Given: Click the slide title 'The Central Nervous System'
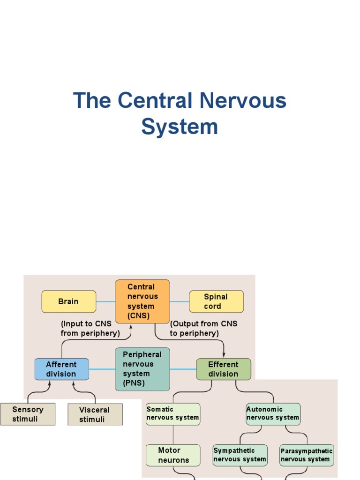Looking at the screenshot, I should pos(180,113).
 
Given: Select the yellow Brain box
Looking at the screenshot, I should pos(68,301).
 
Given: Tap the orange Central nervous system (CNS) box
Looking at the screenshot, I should pos(142,301).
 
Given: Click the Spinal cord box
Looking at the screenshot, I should pos(216,301).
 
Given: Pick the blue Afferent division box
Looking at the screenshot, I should pos(61,369).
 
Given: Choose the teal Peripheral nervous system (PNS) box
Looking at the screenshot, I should pos(142,369).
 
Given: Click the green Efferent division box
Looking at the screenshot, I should pos(223,369).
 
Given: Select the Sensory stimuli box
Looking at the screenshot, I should pos(28,414).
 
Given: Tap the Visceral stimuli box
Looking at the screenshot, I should pos(95,414).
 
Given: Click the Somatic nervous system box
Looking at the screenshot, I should pos(173,414).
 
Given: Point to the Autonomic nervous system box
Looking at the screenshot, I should pos(273,414).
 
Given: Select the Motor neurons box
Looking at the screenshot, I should pos(173,455).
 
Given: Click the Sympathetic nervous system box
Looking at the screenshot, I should pos(240,455).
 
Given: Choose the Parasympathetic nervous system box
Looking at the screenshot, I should pos(307,455).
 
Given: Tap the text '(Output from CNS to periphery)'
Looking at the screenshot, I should pos(203,329).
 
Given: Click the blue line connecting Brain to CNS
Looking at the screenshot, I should pos(105,301).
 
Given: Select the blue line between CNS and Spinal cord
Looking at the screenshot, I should pos(179,301).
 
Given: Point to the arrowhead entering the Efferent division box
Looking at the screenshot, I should pos(224,355).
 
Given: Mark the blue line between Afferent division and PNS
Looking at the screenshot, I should pos(102,369).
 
